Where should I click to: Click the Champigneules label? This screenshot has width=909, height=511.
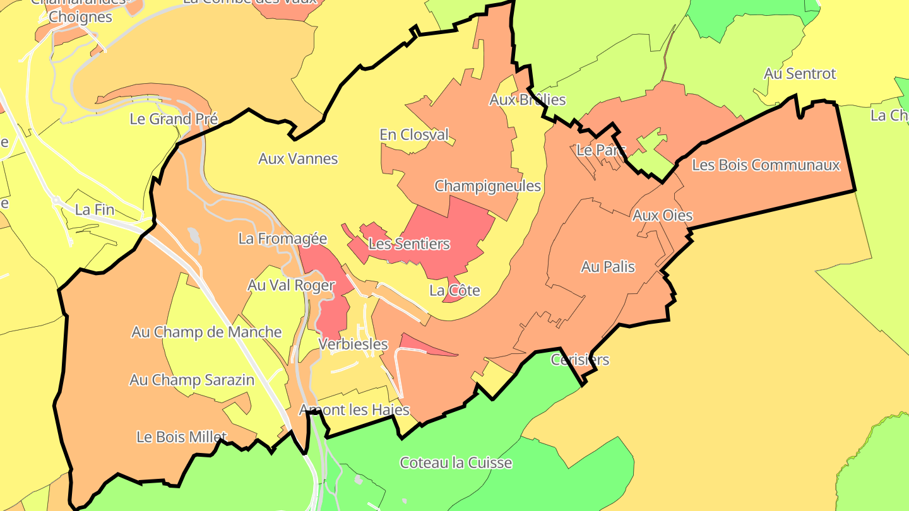pyautogui.click(x=487, y=186)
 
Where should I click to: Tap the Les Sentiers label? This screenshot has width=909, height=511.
pyautogui.click(x=408, y=244)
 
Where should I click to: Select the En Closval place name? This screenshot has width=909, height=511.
pyautogui.click(x=414, y=134)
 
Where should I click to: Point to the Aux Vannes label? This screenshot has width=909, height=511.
pyautogui.click(x=298, y=158)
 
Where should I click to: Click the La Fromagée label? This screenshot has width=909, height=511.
pyautogui.click(x=283, y=238)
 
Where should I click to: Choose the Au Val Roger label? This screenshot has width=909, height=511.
pyautogui.click(x=290, y=285)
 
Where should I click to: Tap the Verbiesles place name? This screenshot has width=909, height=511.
pyautogui.click(x=353, y=344)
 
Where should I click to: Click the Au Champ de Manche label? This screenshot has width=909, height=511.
pyautogui.click(x=206, y=332)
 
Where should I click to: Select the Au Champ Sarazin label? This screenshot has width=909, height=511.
pyautogui.click(x=192, y=380)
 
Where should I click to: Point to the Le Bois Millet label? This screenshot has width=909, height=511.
pyautogui.click(x=181, y=437)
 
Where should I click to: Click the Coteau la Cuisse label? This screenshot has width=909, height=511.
pyautogui.click(x=456, y=462)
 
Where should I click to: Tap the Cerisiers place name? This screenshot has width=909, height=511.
pyautogui.click(x=579, y=360)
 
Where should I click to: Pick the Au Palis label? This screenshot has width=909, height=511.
pyautogui.click(x=607, y=267)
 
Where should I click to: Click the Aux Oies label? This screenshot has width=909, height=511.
pyautogui.click(x=662, y=216)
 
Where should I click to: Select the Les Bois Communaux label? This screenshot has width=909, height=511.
pyautogui.click(x=766, y=165)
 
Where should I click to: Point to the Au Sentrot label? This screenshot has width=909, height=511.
pyautogui.click(x=799, y=74)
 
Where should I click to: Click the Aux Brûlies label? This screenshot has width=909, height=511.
pyautogui.click(x=527, y=100)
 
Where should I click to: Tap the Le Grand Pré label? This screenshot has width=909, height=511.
pyautogui.click(x=174, y=119)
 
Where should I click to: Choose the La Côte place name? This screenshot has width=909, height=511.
pyautogui.click(x=454, y=291)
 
